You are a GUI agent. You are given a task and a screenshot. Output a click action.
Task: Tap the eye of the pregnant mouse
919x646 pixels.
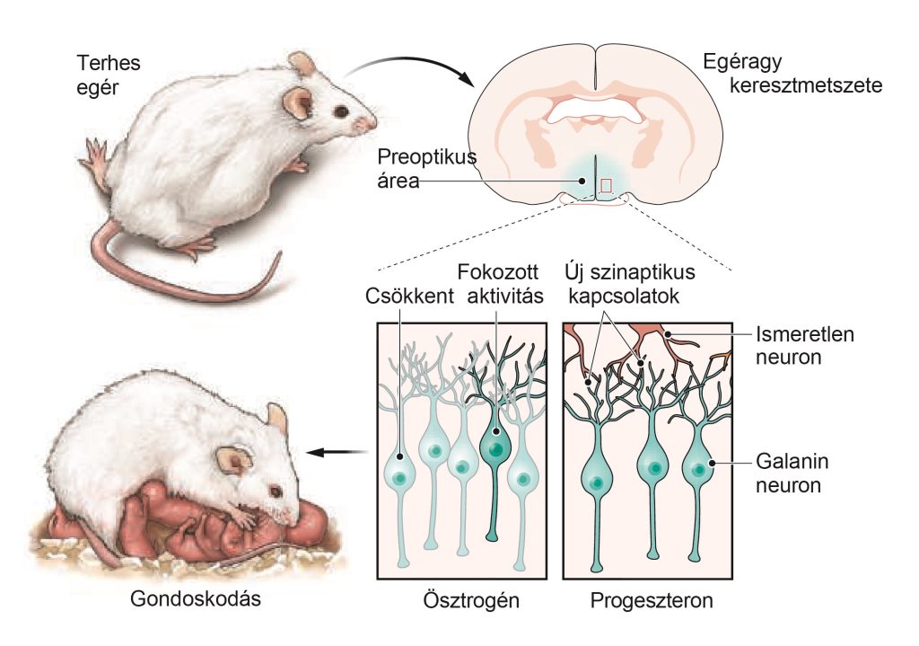click(x=341, y=111)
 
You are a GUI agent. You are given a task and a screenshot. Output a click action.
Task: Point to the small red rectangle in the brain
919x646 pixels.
click(x=606, y=185)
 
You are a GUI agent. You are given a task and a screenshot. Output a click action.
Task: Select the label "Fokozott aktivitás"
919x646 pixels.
click(x=499, y=284)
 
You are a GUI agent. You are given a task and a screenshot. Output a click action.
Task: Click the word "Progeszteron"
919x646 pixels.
click(x=652, y=600)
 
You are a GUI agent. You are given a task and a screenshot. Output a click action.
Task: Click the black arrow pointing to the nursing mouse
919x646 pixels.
click(x=337, y=453)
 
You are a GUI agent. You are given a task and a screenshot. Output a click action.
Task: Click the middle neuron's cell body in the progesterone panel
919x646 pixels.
click(x=654, y=468)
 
